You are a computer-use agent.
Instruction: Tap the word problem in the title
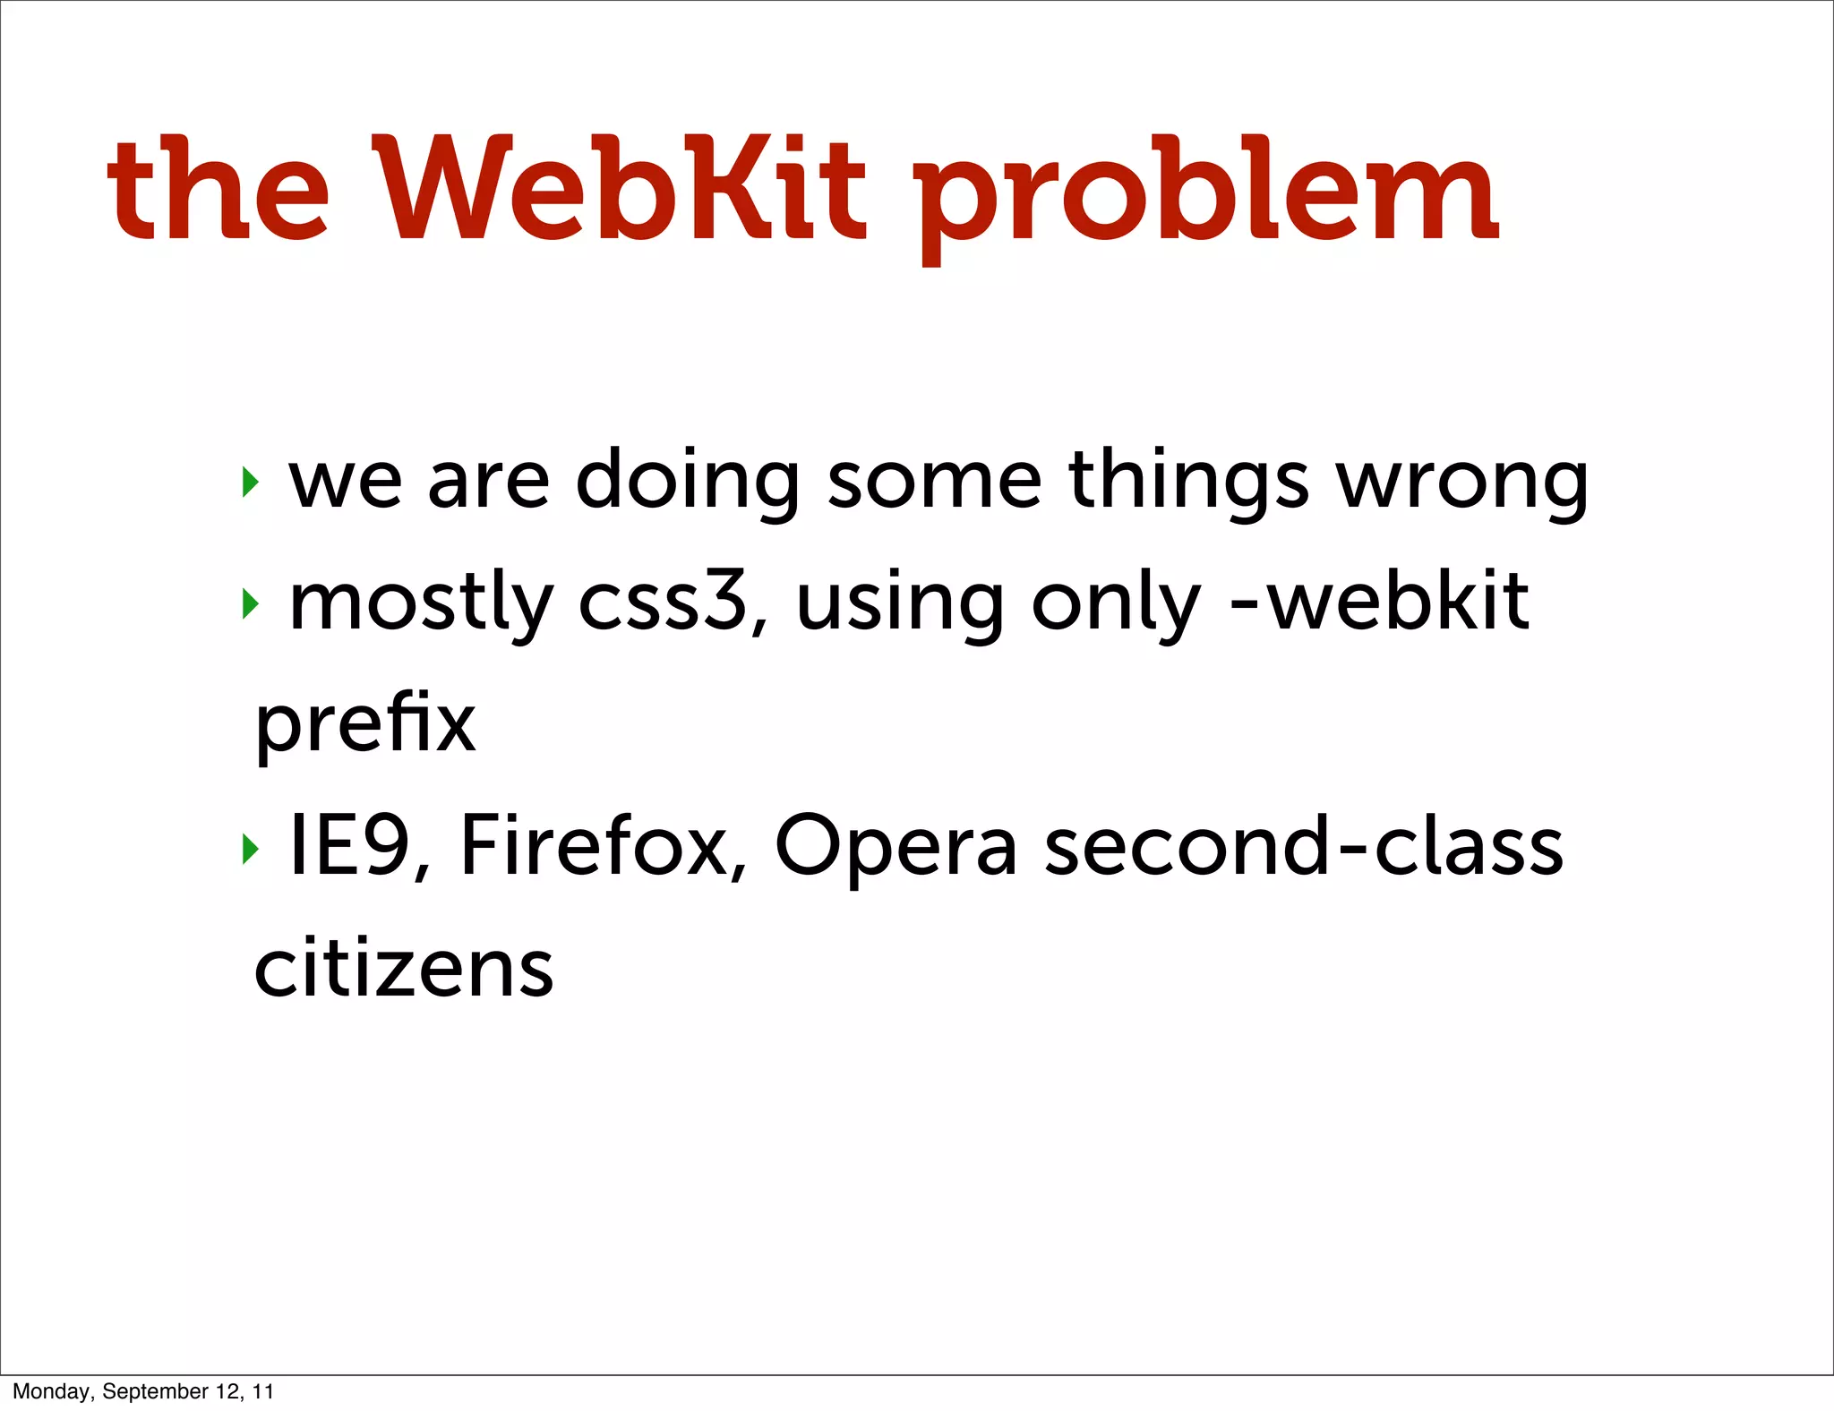[x=1205, y=199]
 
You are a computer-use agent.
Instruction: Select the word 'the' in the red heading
[x=219, y=190]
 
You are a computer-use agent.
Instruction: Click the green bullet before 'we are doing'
[x=250, y=483]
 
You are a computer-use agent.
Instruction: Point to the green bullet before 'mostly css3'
[x=250, y=604]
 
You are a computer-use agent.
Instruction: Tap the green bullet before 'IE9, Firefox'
[x=250, y=849]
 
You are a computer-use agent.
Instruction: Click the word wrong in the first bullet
[x=1461, y=483]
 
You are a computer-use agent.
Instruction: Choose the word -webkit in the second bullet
[x=1380, y=601]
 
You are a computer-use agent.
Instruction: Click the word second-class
[x=1304, y=846]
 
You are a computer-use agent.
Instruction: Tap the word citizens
[x=404, y=968]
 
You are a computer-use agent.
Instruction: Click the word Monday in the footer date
[x=52, y=1391]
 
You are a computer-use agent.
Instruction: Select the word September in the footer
[x=155, y=1391]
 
